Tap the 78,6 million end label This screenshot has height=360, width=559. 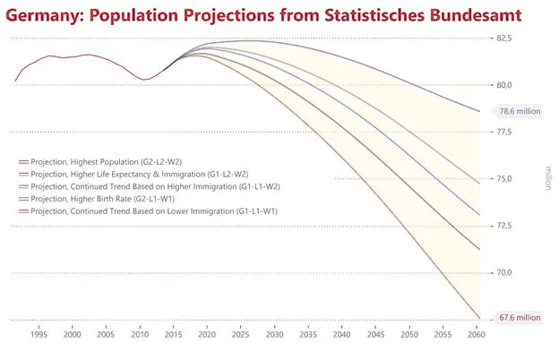pyautogui.click(x=520, y=112)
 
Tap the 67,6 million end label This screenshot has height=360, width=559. pyautogui.click(x=520, y=317)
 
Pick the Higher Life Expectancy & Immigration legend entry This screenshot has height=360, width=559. pyautogui.click(x=139, y=174)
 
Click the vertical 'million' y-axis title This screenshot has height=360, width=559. pyautogui.click(x=548, y=179)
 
